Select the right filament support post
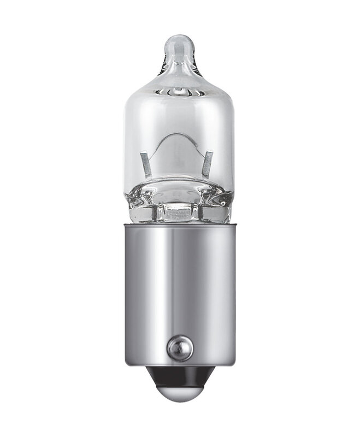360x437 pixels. (208, 164)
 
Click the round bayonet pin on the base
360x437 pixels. (180, 345)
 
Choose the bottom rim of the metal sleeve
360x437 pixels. (179, 365)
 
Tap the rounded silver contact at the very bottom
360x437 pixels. (179, 392)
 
